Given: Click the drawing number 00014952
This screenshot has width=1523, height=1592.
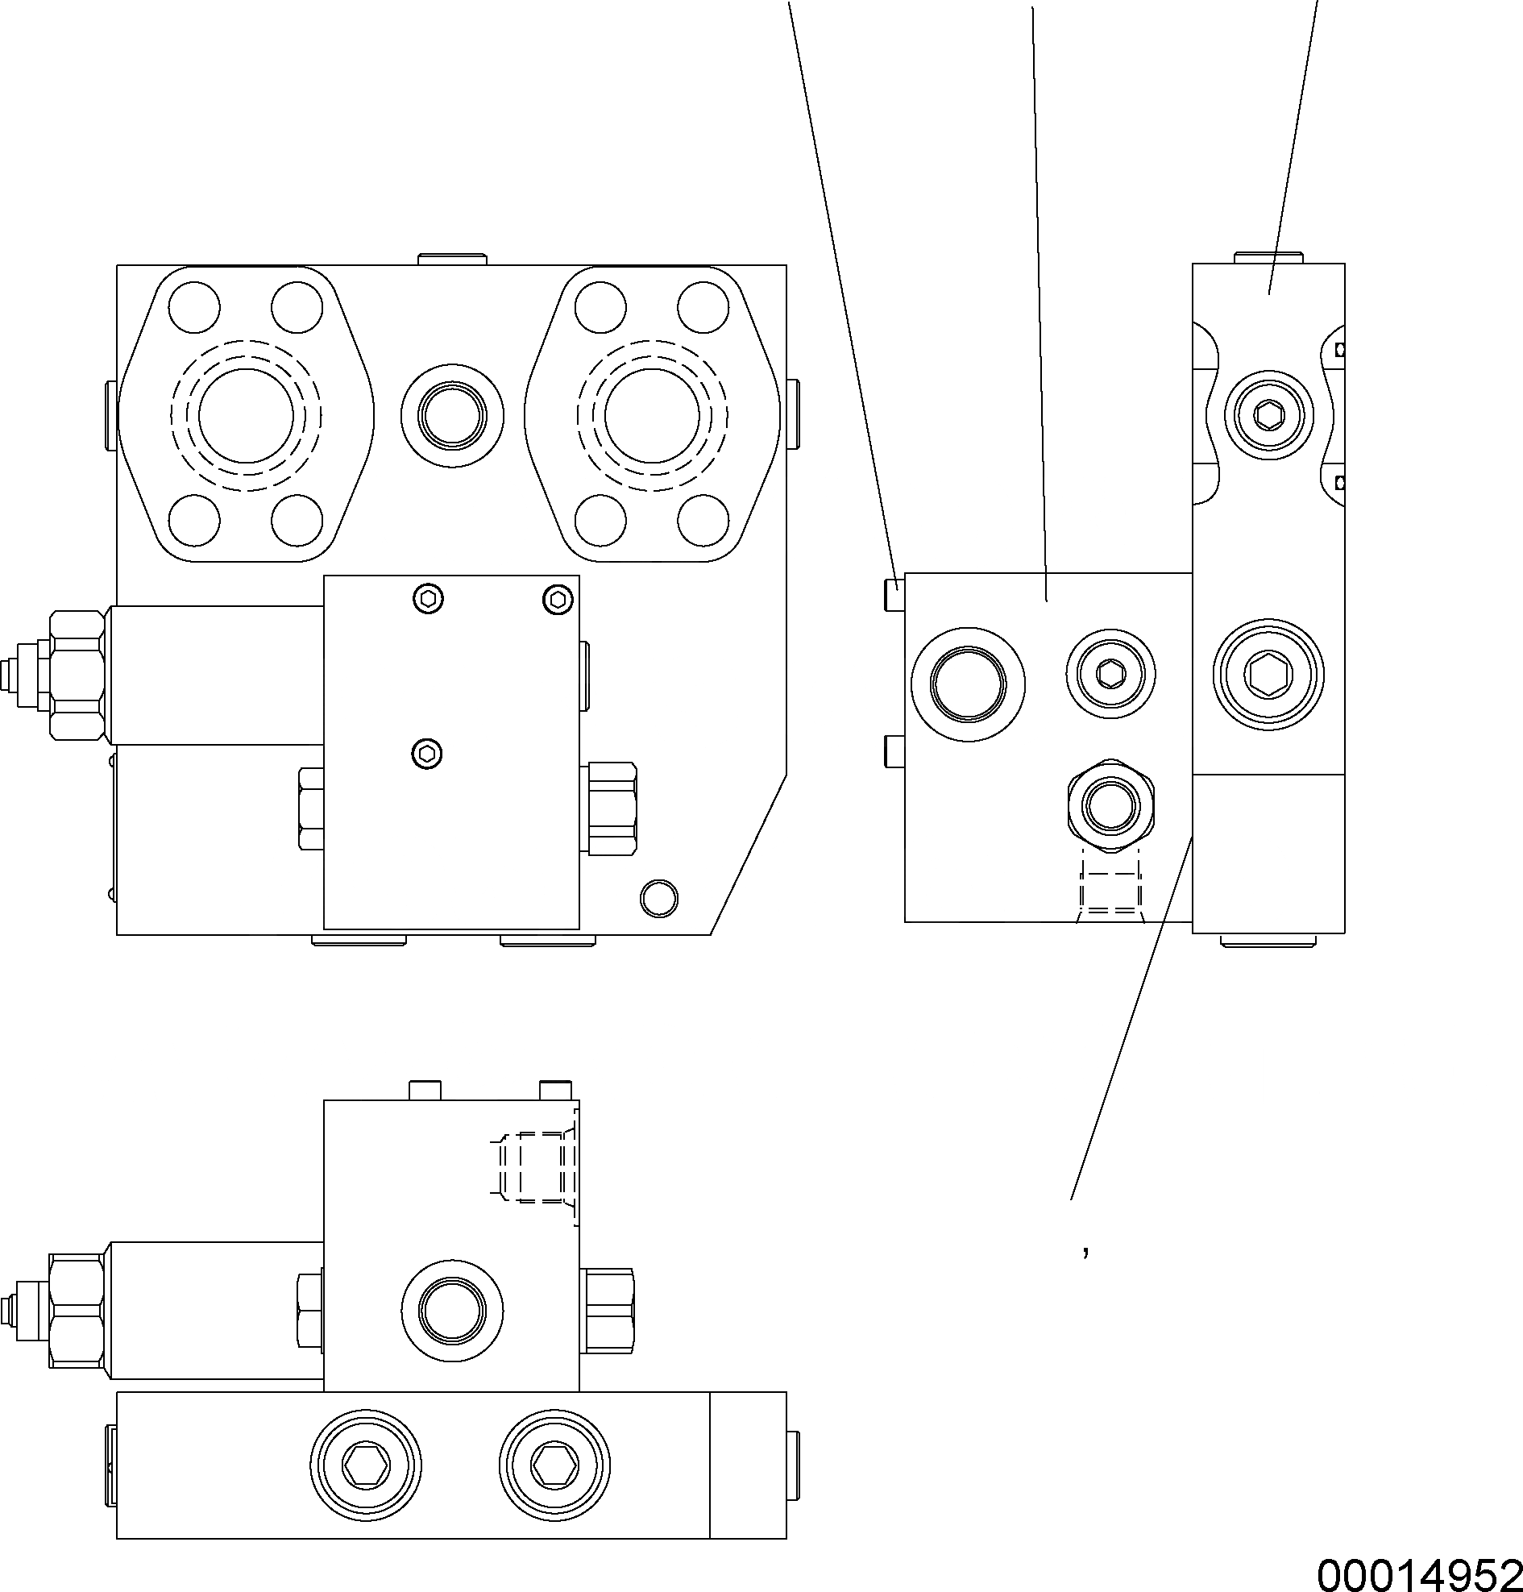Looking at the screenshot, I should (1418, 1574).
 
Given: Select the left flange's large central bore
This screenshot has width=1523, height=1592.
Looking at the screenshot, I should (246, 414).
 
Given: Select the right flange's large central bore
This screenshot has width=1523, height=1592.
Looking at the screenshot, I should (652, 414).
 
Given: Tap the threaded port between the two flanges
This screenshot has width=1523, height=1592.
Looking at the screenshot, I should (451, 416).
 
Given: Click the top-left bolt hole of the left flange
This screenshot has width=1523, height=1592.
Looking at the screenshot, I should (194, 307).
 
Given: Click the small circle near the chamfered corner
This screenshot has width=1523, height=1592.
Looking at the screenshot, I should (658, 897).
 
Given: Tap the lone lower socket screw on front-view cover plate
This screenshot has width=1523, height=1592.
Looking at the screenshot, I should (427, 754).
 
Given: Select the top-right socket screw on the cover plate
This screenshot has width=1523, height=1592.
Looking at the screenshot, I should (558, 600).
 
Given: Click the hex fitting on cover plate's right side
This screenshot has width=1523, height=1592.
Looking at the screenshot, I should (612, 808).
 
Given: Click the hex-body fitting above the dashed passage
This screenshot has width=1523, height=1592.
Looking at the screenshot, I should (1110, 805).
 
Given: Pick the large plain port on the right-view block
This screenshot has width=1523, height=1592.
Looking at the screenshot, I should (968, 683).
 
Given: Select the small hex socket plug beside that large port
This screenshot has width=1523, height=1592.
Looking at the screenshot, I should (1110, 672).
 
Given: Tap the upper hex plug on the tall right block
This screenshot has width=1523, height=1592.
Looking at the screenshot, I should (1269, 415).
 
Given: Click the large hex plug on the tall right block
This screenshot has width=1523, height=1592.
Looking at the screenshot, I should (1268, 673).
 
